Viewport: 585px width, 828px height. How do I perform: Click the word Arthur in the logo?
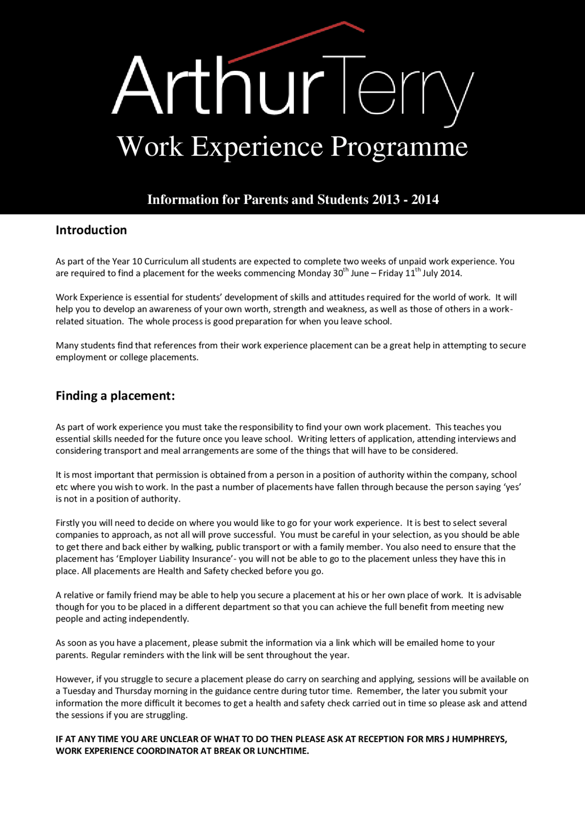point(215,87)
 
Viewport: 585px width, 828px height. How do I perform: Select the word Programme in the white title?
point(399,147)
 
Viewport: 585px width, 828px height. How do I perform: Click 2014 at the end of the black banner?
point(425,200)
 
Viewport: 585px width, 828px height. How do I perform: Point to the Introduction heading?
point(91,230)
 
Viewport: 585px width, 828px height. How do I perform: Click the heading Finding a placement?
point(115,396)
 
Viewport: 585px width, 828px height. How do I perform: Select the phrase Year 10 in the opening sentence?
point(127,262)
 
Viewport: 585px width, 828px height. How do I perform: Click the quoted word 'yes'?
point(512,487)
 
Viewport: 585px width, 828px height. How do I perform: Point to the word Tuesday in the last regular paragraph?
point(79,691)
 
